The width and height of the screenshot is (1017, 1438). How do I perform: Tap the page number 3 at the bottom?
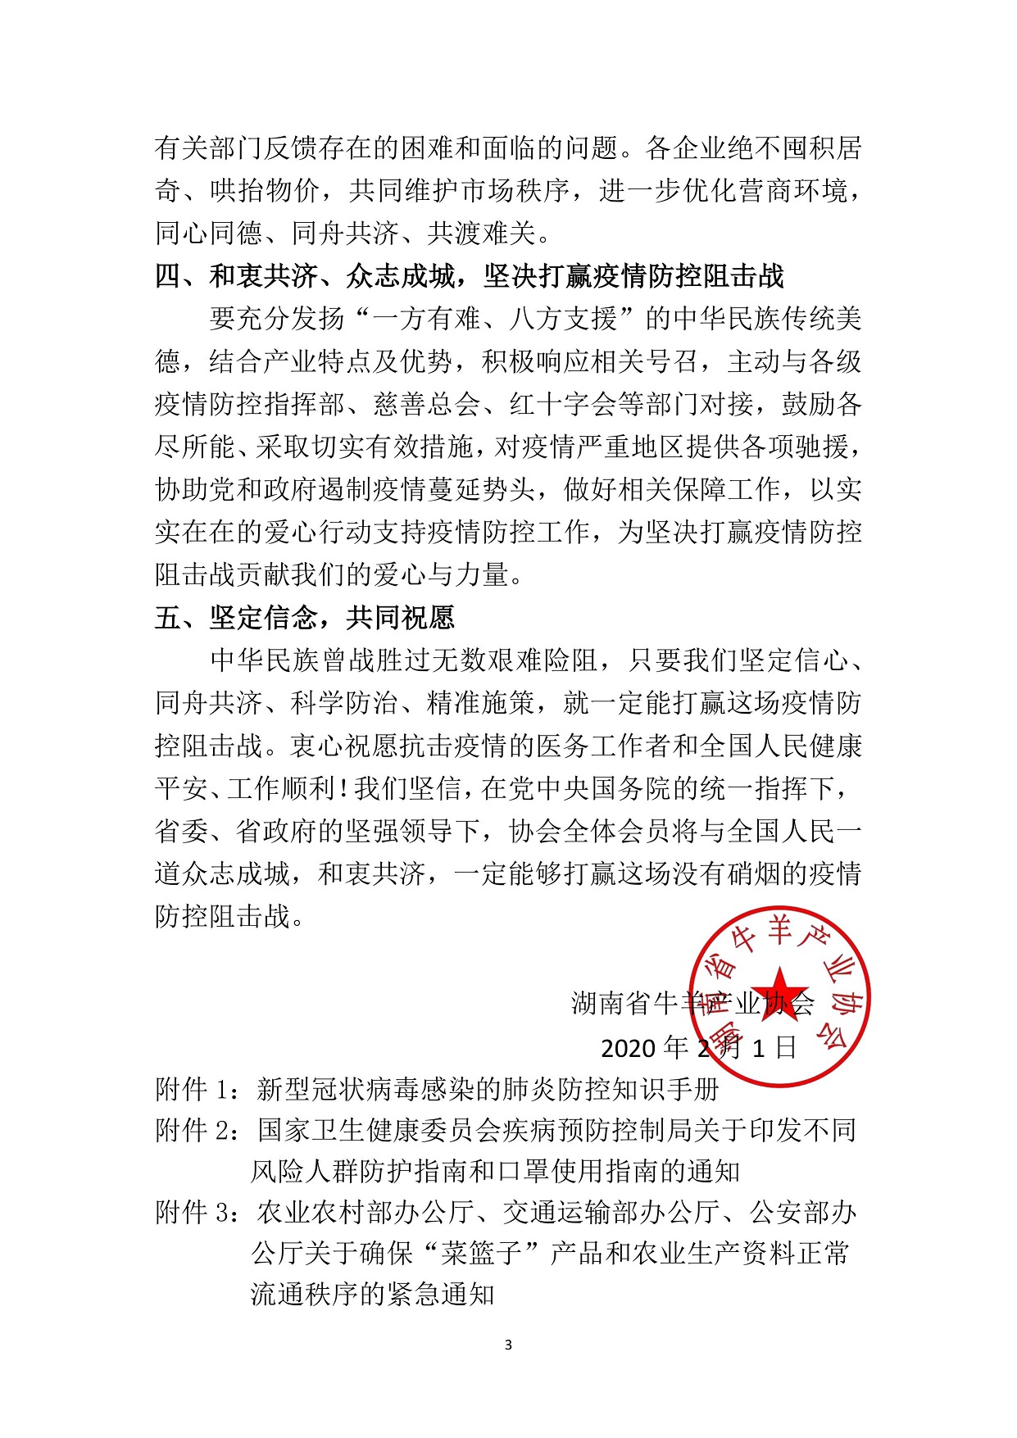coord(508,1345)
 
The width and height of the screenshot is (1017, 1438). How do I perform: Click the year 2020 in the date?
coord(629,1048)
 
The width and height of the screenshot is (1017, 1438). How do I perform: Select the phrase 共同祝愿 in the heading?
coord(400,618)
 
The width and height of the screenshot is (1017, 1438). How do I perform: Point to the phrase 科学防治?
coord(345,703)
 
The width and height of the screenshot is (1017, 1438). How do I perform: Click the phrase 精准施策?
coord(481,703)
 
